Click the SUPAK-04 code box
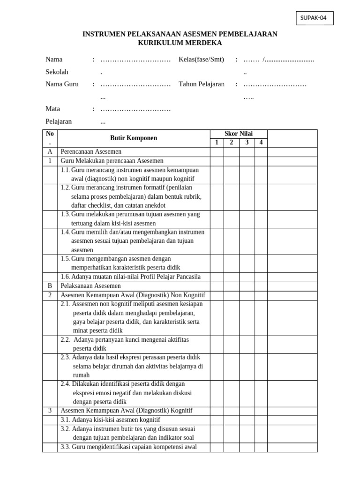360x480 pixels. coord(315,18)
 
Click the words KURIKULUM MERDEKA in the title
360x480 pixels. coord(180,43)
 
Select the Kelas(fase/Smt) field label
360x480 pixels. coord(201,60)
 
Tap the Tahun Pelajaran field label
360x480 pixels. coord(202,84)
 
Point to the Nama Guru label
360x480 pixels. coord(62,84)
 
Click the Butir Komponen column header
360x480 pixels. coord(134,138)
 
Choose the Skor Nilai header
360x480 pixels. coord(239,134)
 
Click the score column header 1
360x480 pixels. coord(217,143)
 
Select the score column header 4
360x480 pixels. coord(261,143)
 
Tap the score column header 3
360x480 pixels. coord(247,143)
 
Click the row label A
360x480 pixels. coord(50,152)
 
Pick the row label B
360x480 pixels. coord(50,286)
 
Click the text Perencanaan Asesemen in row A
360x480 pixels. coord(91,152)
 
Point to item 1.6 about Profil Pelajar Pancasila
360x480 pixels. coord(131,277)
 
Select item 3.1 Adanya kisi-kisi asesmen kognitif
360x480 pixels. coord(111,420)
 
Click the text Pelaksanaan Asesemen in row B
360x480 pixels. coord(90,286)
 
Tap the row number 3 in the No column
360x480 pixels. coord(50,411)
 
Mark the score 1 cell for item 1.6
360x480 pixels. coord(217,277)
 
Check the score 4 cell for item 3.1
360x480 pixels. coord(261,420)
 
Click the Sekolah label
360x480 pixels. coord(57,72)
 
